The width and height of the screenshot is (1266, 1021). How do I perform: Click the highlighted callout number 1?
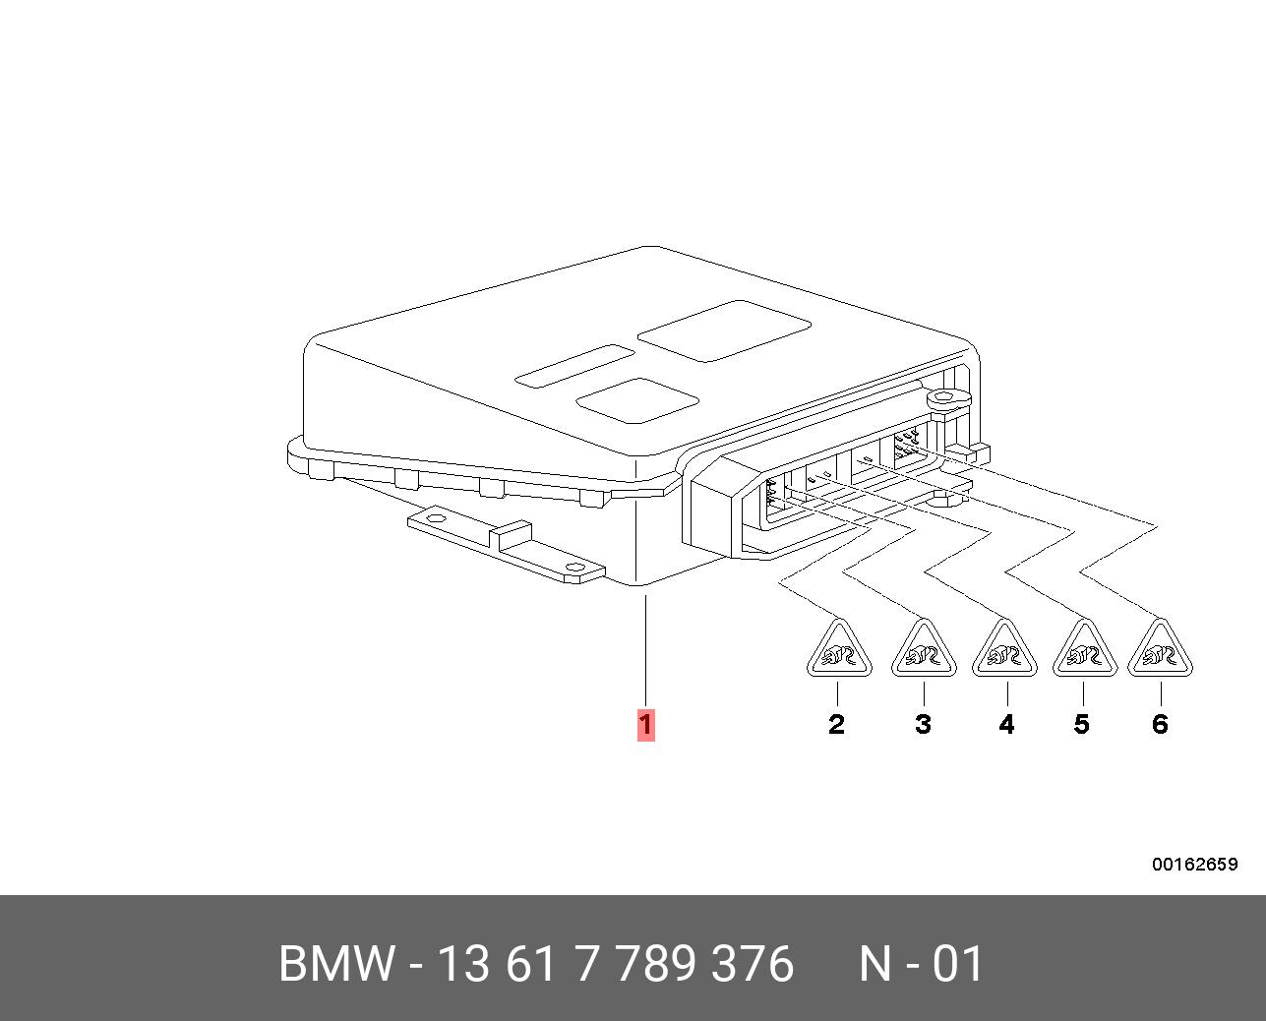tap(645, 724)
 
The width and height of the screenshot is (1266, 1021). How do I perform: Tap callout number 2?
tap(836, 724)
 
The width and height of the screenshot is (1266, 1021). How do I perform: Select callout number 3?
tap(923, 724)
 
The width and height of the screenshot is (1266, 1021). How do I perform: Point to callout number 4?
tap(1006, 724)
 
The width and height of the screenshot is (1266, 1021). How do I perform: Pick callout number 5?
tap(1081, 724)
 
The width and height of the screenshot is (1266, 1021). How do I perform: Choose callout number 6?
tap(1160, 724)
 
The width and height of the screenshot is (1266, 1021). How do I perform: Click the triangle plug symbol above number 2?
tap(839, 649)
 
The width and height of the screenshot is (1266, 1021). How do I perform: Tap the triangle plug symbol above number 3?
tap(924, 649)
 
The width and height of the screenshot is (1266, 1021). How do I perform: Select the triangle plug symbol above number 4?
tap(1004, 649)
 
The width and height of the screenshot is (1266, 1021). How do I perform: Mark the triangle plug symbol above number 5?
tap(1085, 649)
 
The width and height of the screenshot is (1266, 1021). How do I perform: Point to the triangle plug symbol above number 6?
tap(1160, 649)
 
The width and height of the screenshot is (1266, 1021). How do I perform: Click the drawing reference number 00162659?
tap(1195, 864)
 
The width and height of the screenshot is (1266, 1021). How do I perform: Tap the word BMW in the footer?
tap(336, 963)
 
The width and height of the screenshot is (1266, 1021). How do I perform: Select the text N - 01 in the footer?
tap(921, 963)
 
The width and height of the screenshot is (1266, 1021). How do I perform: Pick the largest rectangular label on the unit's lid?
tap(724, 331)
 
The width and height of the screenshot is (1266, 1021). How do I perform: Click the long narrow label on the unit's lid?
tap(574, 366)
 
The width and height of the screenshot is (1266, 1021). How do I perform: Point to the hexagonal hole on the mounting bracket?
tap(435, 517)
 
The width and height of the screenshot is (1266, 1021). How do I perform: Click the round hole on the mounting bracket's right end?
tap(574, 568)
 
